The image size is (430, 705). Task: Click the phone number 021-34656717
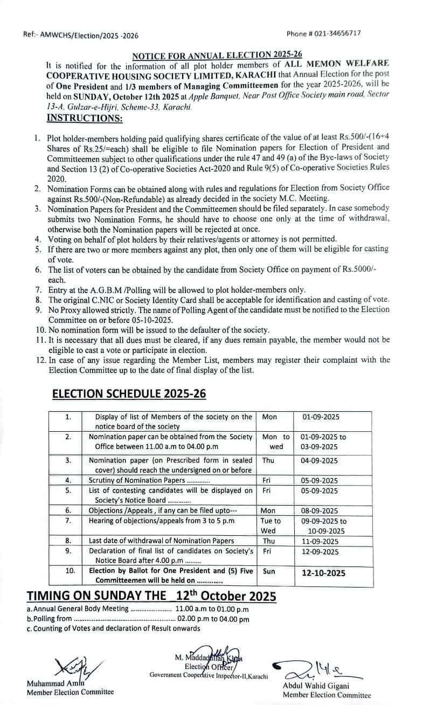(338, 33)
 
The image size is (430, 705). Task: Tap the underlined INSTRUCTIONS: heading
(85, 117)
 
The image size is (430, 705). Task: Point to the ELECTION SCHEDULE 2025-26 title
(129, 394)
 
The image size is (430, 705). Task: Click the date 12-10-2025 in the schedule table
(324, 573)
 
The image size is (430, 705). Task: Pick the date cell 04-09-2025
(320, 460)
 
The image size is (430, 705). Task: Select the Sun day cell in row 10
(269, 570)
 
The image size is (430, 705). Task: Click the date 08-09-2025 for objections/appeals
(320, 510)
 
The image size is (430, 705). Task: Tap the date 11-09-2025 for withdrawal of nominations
(320, 541)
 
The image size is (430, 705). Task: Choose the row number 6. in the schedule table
(68, 510)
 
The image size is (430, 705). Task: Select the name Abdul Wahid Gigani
(315, 686)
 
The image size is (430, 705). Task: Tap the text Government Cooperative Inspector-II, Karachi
(209, 675)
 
